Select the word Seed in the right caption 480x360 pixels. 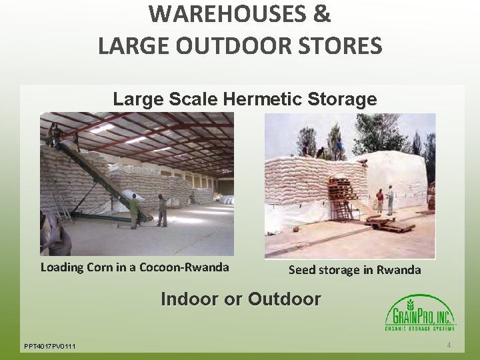pyautogui.click(x=301, y=270)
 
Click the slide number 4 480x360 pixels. pyautogui.click(x=449, y=345)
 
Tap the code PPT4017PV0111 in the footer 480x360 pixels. pyautogui.click(x=50, y=346)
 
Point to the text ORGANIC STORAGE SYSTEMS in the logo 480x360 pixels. pyautogui.click(x=420, y=328)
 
